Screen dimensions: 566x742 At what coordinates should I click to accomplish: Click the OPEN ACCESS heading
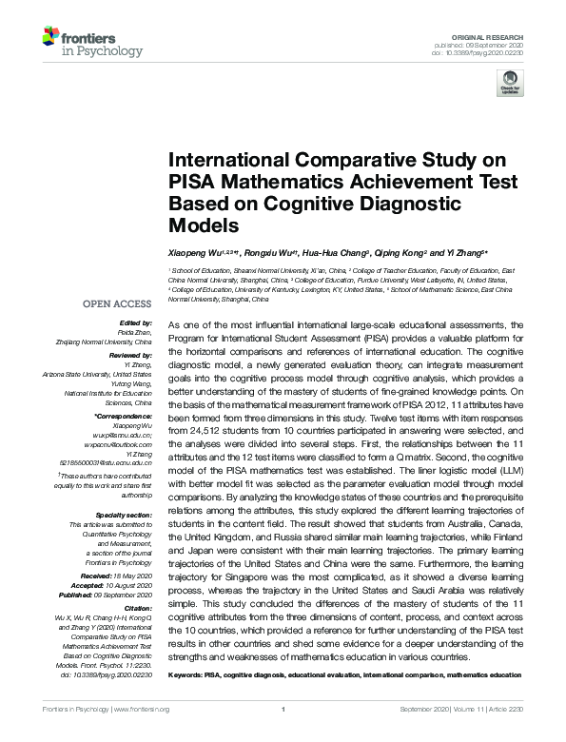[x=117, y=304]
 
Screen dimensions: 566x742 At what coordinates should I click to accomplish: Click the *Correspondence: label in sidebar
[x=124, y=417]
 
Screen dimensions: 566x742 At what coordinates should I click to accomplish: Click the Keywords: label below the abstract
[x=186, y=674]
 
